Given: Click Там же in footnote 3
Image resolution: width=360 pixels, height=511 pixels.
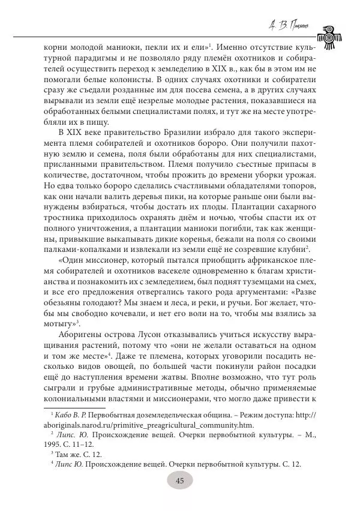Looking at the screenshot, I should [x=66, y=452].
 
